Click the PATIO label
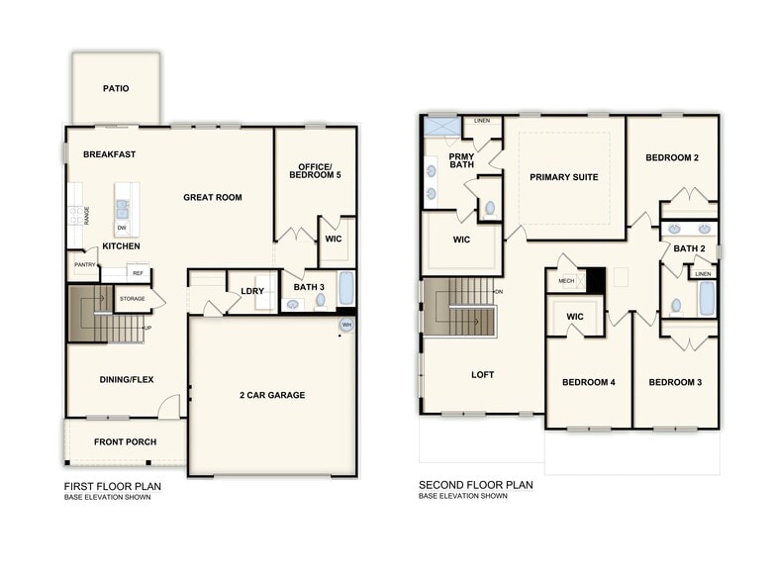coord(116,89)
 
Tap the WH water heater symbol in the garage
coord(346,325)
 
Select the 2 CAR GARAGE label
coord(272,395)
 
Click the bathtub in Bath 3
coord(346,288)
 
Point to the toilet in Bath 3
coord(321,300)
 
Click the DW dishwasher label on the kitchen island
coord(122,228)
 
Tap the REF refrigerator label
coord(139,273)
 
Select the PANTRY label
coord(85,265)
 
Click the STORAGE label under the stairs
coord(133,299)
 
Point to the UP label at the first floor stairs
coord(147,329)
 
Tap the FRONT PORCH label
coord(125,441)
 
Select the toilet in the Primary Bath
coord(490,208)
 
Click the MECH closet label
coord(566,281)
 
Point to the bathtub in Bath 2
coord(707,299)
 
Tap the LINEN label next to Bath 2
coord(703,273)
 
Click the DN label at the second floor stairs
coord(499,291)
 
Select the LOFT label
coord(483,374)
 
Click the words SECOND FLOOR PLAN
coord(476,485)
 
